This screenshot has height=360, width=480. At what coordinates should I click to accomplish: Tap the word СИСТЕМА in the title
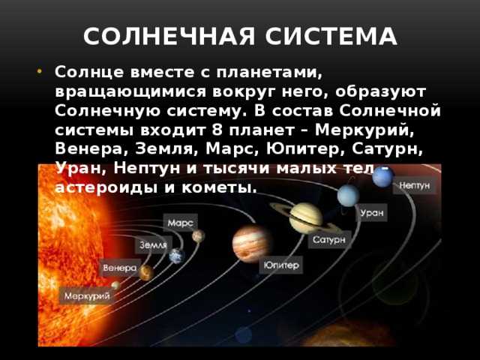tap(331, 37)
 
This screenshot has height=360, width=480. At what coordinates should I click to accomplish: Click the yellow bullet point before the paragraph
tap(39, 72)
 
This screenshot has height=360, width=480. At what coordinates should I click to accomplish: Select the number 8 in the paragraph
tap(217, 130)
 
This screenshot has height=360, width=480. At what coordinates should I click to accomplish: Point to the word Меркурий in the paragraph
tap(364, 130)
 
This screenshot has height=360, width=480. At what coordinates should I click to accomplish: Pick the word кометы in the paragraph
tap(219, 187)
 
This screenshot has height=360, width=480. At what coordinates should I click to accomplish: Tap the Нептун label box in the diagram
tap(415, 185)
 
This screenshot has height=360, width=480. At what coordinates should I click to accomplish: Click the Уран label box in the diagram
tap(372, 213)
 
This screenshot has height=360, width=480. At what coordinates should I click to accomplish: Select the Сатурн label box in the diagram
tap(329, 240)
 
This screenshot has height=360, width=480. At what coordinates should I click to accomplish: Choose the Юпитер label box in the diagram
tap(281, 265)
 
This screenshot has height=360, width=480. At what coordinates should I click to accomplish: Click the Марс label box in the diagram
tap(180, 223)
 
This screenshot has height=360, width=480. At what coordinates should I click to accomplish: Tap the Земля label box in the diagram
tap(154, 245)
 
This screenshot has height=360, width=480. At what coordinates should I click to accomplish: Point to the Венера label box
tap(120, 268)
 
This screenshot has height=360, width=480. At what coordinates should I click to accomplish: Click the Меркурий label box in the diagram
tap(87, 295)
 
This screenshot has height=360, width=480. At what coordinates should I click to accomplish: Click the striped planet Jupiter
tap(251, 244)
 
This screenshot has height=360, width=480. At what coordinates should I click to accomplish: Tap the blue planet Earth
tap(177, 256)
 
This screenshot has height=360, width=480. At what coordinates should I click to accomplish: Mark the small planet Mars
tap(198, 236)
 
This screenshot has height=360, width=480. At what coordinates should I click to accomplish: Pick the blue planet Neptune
tap(383, 177)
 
